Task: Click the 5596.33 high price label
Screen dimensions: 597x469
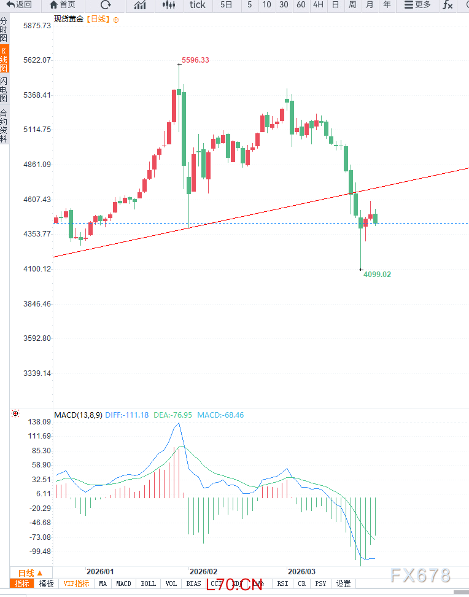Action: tap(195, 60)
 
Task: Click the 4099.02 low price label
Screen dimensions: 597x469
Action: tap(377, 275)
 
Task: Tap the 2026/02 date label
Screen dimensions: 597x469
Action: tap(204, 571)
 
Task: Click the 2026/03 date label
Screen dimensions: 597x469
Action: tap(301, 571)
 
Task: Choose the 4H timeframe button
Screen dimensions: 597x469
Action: tap(318, 5)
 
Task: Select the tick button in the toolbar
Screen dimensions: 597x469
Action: tap(198, 5)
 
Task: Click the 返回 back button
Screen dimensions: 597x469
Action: tap(19, 5)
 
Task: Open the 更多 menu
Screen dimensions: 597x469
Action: tap(417, 5)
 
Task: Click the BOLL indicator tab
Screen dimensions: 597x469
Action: tap(148, 583)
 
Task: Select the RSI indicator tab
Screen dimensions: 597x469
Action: tap(282, 583)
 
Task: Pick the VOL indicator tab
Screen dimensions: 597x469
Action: tap(171, 583)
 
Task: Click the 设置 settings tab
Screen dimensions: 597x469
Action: tap(343, 583)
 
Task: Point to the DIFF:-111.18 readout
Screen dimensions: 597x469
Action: tap(127, 415)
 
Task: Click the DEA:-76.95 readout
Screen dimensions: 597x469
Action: tap(173, 415)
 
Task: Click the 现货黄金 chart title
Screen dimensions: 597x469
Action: tap(68, 19)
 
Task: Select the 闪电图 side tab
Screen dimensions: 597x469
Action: tap(4, 90)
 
